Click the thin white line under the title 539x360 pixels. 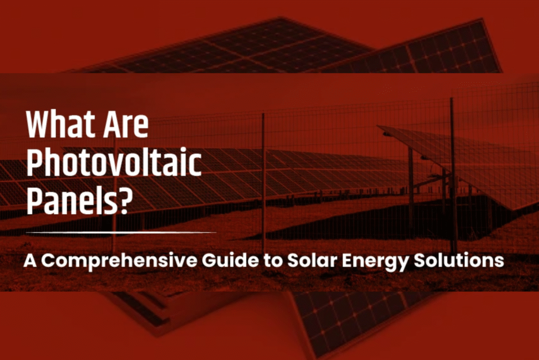pyautogui.click(x=121, y=232)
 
